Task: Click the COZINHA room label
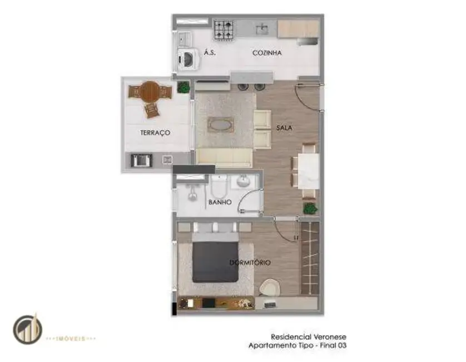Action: (267, 53)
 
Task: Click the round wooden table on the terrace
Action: (149, 91)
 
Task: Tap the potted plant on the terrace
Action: (183, 87)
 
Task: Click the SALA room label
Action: (284, 128)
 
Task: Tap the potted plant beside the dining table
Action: (310, 208)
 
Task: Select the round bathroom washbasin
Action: (243, 182)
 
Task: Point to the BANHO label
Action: (220, 203)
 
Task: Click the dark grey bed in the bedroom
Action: (215, 261)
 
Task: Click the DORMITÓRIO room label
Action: (250, 262)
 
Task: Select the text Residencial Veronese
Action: (301, 337)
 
